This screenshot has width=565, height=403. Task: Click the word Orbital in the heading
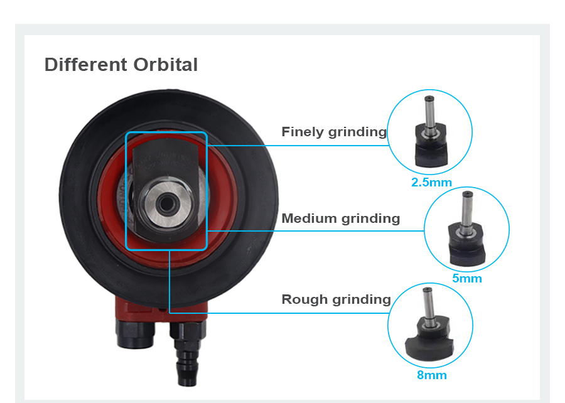[x=165, y=65]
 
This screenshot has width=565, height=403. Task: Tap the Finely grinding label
[x=334, y=132]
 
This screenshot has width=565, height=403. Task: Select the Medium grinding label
[x=340, y=218]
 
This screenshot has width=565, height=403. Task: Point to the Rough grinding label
[x=336, y=299]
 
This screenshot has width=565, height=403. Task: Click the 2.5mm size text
[x=431, y=183]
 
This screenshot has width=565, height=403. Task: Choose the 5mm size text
[x=467, y=278]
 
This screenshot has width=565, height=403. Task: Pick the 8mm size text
[x=432, y=375]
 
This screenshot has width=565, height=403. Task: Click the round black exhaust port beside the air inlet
[x=135, y=335]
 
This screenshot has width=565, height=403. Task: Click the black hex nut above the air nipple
[x=187, y=330]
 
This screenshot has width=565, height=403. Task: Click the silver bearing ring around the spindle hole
[x=166, y=204]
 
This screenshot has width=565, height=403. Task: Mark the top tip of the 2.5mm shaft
[x=429, y=97]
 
